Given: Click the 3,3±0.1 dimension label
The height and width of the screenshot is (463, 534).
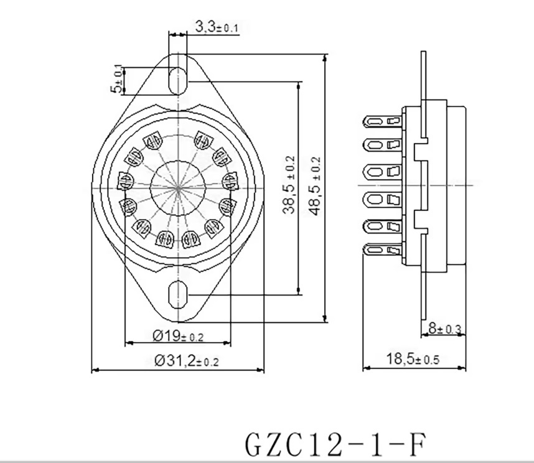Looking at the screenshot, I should pyautogui.click(x=217, y=27).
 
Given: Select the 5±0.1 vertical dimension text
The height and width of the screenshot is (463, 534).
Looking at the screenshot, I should pyautogui.click(x=116, y=79).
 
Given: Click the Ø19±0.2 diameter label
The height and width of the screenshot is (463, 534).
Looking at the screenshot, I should pyautogui.click(x=178, y=336).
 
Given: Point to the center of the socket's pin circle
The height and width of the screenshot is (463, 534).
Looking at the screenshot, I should pyautogui.click(x=179, y=186).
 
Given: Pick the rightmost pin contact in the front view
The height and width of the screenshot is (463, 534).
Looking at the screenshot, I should pyautogui.click(x=230, y=182).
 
